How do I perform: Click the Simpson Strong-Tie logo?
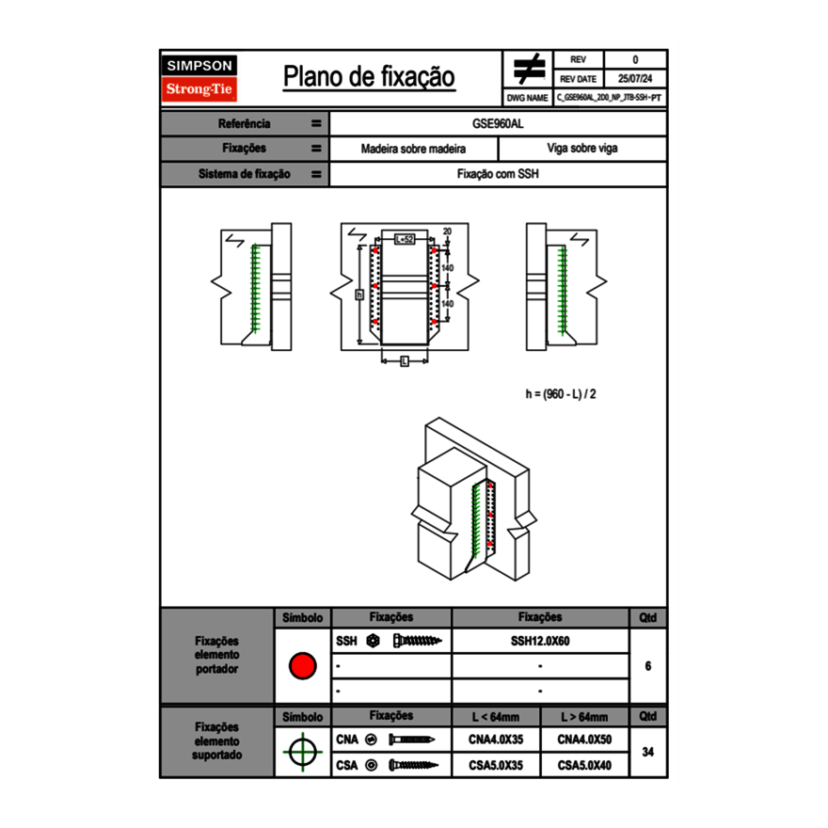(200, 78)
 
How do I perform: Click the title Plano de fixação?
(369, 76)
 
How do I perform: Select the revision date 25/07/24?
(635, 78)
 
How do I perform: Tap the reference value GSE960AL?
(498, 123)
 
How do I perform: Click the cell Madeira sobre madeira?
(413, 149)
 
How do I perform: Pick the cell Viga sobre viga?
(581, 149)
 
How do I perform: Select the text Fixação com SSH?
(498, 174)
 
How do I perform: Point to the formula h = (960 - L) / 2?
(561, 394)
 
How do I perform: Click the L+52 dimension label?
(404, 240)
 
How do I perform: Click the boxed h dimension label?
(358, 295)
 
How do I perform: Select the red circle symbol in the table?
(302, 666)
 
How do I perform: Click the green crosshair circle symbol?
(302, 753)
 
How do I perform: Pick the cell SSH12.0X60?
(540, 641)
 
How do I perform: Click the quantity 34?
(647, 753)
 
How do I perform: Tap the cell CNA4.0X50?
(584, 740)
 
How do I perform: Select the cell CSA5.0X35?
(495, 766)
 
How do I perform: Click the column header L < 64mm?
(495, 717)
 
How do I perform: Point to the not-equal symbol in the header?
(528, 69)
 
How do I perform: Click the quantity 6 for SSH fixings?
(647, 666)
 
